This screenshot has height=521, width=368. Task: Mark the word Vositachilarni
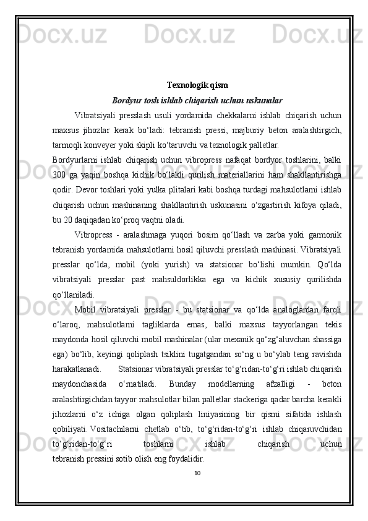pyautogui.click(x=120, y=430)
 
